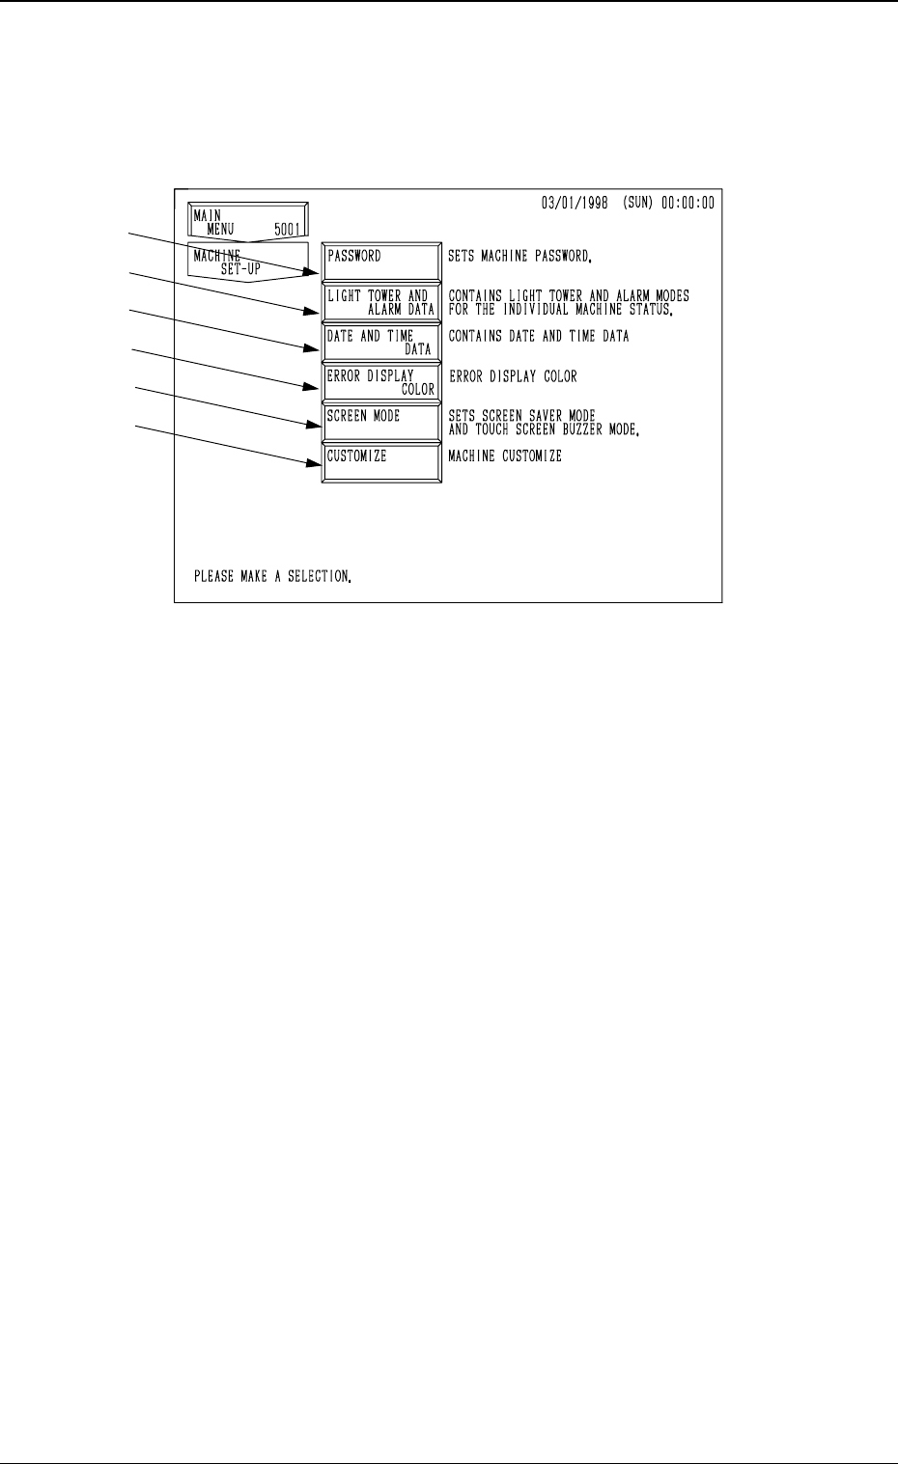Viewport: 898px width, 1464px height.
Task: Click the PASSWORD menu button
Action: [381, 262]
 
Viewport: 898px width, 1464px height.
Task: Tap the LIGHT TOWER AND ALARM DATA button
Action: [381, 303]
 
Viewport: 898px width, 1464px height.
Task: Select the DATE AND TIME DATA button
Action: [381, 343]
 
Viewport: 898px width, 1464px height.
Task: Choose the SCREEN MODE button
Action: [381, 423]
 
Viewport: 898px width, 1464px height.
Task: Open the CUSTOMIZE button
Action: [381, 462]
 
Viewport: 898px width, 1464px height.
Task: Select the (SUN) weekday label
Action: [647, 205]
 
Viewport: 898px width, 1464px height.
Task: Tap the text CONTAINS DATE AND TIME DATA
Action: [539, 337]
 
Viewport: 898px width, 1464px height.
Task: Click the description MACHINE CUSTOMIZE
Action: [505, 456]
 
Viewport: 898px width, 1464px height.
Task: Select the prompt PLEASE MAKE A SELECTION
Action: [272, 577]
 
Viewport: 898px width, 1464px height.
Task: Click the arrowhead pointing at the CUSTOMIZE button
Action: [314, 464]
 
